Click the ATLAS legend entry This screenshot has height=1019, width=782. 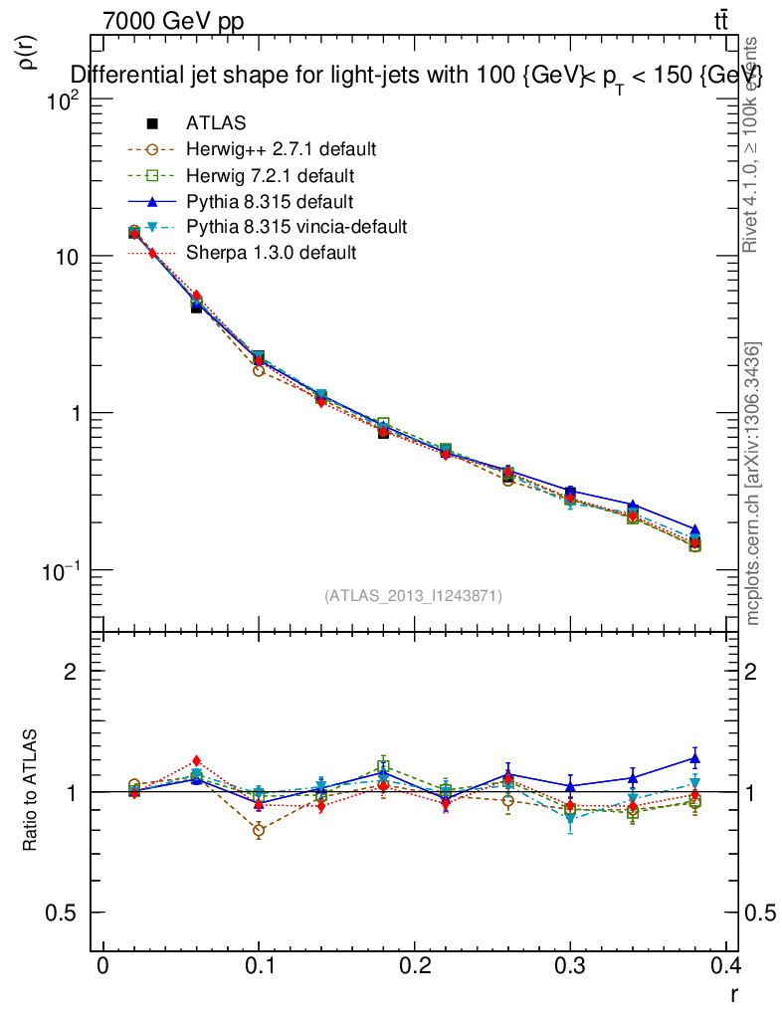coord(215,123)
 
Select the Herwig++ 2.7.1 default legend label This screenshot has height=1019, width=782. coord(281,149)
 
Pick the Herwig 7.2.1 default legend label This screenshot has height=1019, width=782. coord(271,176)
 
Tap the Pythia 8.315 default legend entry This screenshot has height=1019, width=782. coord(270,201)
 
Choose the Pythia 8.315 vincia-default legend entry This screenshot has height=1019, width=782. coord(295,227)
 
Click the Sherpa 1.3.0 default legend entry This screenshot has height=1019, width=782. coord(271,253)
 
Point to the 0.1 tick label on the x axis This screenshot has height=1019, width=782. coord(259,966)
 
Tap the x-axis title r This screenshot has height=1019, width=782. coord(733,993)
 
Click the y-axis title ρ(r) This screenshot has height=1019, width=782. coord(30,52)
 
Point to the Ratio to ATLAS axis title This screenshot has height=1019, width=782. coord(31,791)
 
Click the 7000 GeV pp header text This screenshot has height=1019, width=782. coord(172,21)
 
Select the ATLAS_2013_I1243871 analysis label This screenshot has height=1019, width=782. coord(413,595)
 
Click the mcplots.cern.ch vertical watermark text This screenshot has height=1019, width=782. coord(753,484)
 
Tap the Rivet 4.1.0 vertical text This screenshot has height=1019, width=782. coord(751,144)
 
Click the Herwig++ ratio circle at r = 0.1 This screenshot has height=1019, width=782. coord(259,830)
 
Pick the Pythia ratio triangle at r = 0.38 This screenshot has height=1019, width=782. coord(694,758)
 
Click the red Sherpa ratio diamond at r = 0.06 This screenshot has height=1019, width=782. coord(197,761)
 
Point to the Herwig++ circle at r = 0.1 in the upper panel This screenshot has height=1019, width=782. coord(259,370)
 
